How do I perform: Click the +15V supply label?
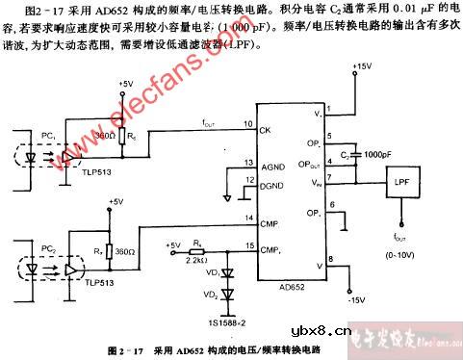[362, 66]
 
